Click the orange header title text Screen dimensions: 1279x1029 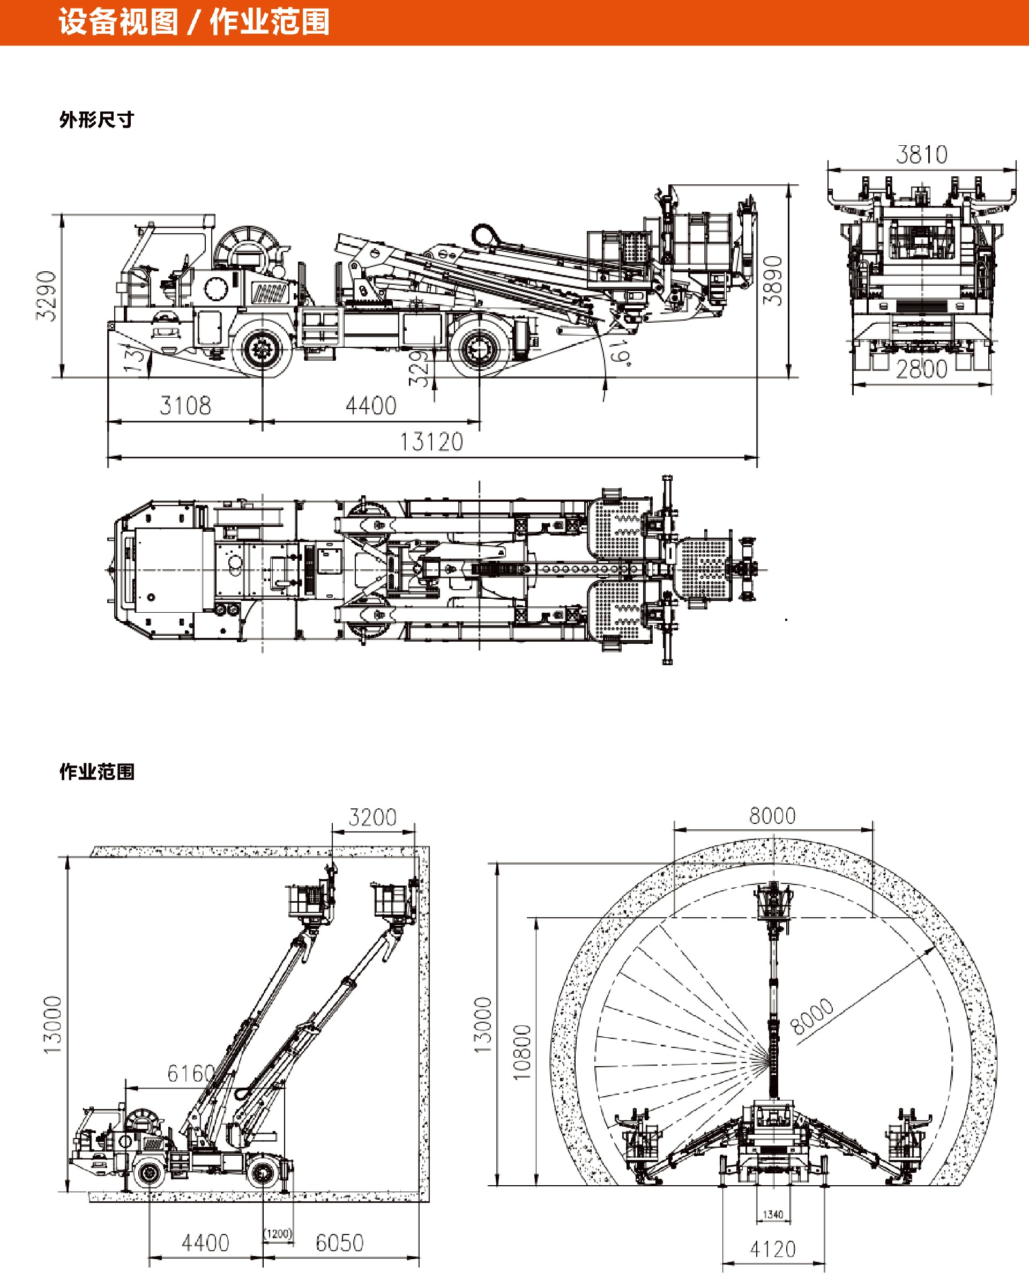tap(193, 23)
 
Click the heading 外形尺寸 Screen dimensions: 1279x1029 tap(96, 120)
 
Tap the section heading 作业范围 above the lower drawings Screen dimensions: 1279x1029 tap(96, 772)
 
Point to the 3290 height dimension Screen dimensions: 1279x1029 tap(47, 296)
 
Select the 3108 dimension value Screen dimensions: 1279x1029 tap(185, 406)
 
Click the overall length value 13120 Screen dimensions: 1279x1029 tap(431, 442)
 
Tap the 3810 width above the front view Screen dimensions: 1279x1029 tap(922, 155)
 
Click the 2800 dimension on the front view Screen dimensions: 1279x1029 tap(922, 369)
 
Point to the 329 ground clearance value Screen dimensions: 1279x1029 tap(419, 368)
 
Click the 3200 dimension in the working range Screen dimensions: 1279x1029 tap(372, 817)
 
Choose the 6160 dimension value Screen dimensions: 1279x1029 tap(191, 1074)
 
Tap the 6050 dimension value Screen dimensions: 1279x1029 tap(339, 1243)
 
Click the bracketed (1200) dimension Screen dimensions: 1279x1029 tap(278, 1235)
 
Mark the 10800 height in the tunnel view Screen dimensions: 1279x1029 tap(522, 1052)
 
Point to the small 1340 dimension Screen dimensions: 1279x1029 tap(773, 1215)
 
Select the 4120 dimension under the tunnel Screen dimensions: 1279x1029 tap(773, 1250)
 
